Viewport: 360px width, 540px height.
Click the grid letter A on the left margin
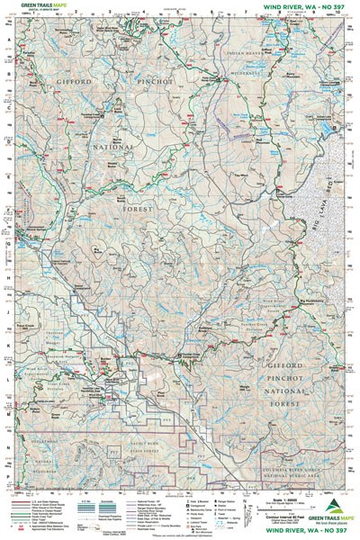point(7,40)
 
